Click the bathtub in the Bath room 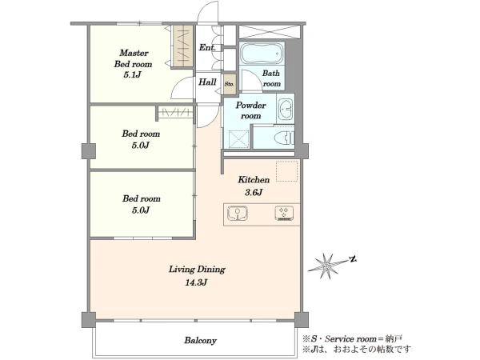coord(261,54)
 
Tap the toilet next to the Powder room coord(285,138)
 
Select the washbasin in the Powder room coord(286,109)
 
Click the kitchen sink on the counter coord(238,214)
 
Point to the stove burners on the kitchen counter coord(284,214)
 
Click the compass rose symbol coord(326,265)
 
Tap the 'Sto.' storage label coord(230,83)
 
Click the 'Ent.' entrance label coord(207,47)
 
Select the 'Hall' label coord(207,82)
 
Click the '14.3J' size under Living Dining coord(196,282)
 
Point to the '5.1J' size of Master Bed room coord(132,74)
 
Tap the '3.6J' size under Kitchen coord(254,192)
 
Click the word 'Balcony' coord(200,341)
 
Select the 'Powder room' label coord(250,110)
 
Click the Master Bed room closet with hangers coord(183,46)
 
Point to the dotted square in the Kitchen coord(287,171)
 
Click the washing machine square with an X coord(238,139)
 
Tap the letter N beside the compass coord(354,259)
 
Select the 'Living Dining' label coord(197,270)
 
